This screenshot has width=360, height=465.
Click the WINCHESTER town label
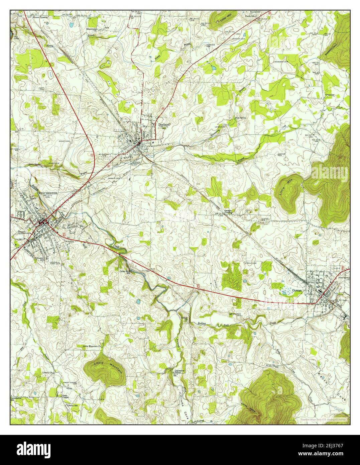pos(48,193)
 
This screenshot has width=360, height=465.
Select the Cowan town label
pos(296,291)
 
